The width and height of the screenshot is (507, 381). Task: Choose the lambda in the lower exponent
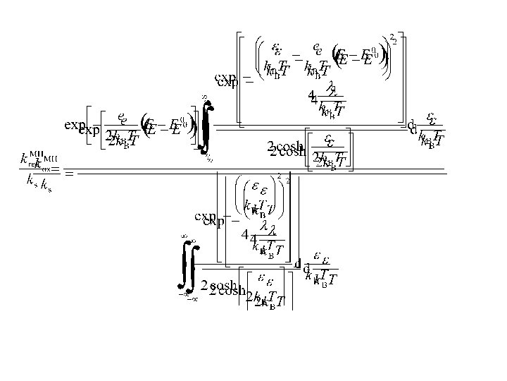coord(265,227)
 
